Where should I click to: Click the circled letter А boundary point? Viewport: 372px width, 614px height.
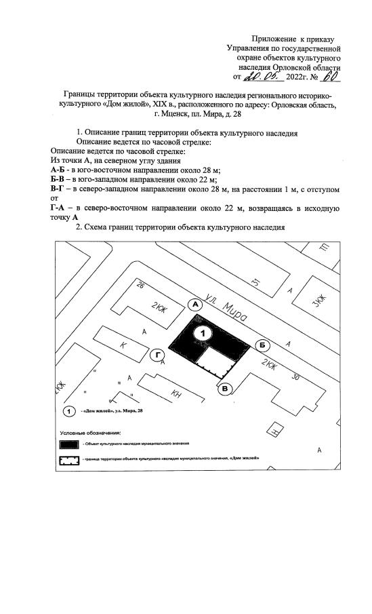[x=196, y=305]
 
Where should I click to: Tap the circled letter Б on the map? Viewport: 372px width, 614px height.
[x=262, y=345]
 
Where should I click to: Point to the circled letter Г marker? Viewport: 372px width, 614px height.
[x=157, y=355]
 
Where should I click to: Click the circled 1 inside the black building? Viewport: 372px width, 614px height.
[x=202, y=333]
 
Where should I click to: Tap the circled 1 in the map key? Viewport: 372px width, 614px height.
[x=69, y=412]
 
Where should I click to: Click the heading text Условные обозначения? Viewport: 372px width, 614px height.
[x=90, y=432]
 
